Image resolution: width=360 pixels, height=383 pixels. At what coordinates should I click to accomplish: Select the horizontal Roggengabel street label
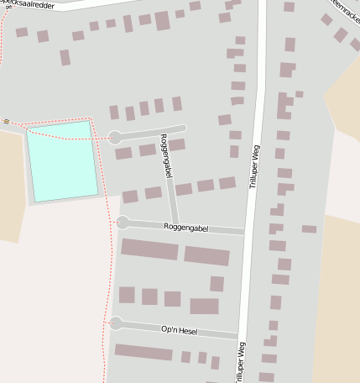point(185,228)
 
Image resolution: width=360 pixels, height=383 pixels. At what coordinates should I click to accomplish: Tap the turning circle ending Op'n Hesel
point(117,323)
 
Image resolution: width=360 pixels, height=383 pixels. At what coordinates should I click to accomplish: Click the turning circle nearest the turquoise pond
point(115,138)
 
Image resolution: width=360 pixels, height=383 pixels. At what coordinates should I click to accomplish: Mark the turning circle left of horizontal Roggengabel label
point(123,223)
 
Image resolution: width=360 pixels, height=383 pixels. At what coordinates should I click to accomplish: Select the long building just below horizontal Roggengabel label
point(149,249)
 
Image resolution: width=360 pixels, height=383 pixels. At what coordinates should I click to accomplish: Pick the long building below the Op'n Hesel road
point(143,352)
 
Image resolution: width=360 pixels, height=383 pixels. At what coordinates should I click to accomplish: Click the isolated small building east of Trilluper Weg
point(309,228)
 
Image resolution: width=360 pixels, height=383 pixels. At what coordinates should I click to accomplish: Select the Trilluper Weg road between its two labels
point(249,269)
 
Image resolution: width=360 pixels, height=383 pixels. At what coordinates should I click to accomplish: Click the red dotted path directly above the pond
point(59,120)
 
